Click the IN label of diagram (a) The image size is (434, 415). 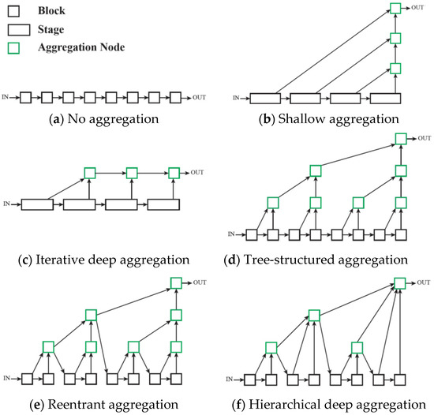[9, 97]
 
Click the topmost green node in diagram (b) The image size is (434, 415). [396, 9]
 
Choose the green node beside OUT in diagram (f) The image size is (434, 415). [400, 282]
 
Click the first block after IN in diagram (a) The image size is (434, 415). [26, 97]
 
